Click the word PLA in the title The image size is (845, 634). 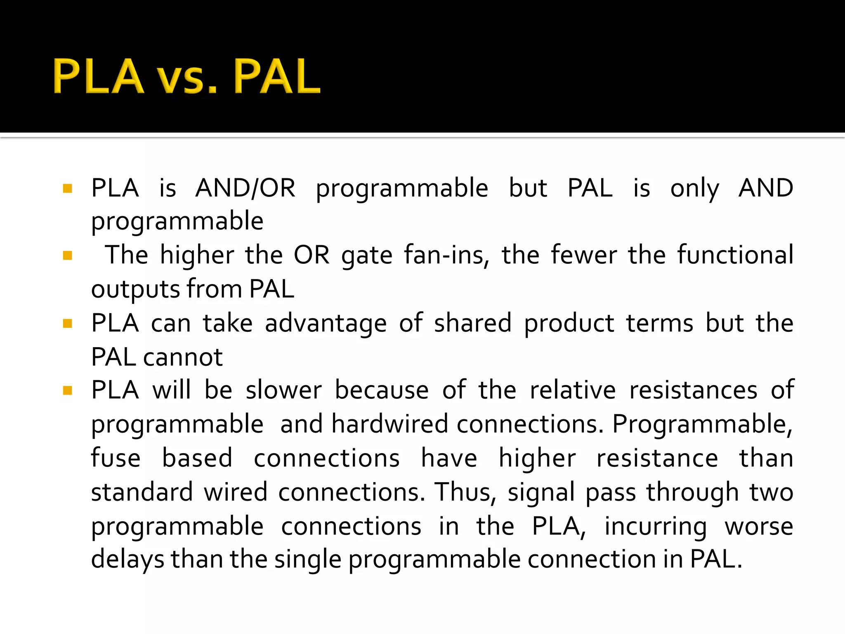pyautogui.click(x=98, y=76)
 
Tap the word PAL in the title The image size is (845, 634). pyautogui.click(x=276, y=76)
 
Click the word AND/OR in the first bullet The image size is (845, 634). pyautogui.click(x=245, y=188)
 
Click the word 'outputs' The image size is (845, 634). pyautogui.click(x=135, y=290)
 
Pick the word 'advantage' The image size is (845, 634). pyautogui.click(x=326, y=324)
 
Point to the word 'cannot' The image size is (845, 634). pyautogui.click(x=183, y=357)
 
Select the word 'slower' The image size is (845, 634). pyautogui.click(x=283, y=390)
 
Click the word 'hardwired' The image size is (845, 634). pyautogui.click(x=389, y=424)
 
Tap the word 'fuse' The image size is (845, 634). pyautogui.click(x=116, y=458)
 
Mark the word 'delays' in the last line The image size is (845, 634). pyautogui.click(x=127, y=561)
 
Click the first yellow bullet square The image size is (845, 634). pyautogui.click(x=68, y=189)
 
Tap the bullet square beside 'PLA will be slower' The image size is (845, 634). pyautogui.click(x=68, y=390)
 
